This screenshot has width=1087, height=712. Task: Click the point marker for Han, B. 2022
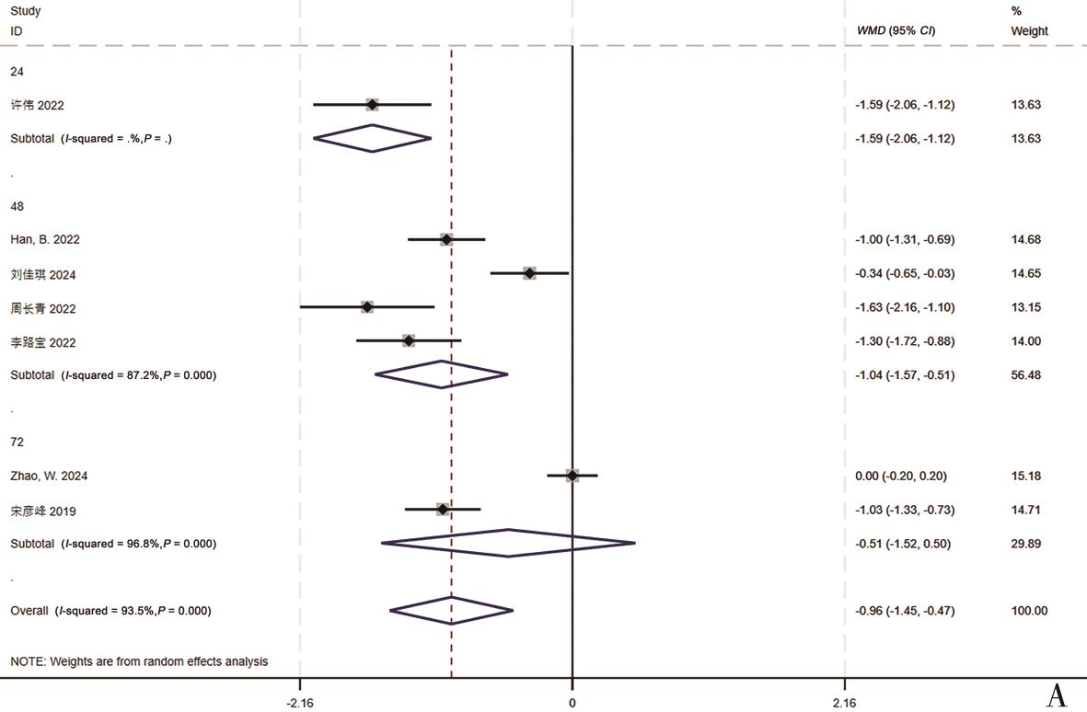tap(446, 239)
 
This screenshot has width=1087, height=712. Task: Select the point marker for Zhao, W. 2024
tap(572, 476)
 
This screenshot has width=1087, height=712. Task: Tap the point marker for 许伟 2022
tap(372, 105)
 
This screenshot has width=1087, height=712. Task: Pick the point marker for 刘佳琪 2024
tap(529, 273)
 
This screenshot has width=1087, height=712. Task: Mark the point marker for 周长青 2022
tap(367, 307)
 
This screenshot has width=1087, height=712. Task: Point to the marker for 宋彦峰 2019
tap(443, 510)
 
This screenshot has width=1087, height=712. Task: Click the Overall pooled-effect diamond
tap(451, 611)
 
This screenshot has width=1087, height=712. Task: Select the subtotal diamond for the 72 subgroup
tap(508, 544)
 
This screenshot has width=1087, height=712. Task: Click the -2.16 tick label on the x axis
tap(300, 703)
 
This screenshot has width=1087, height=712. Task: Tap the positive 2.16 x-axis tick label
tap(844, 703)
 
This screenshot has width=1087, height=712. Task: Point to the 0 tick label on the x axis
tap(572, 703)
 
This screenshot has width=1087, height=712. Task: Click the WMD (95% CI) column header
tap(896, 31)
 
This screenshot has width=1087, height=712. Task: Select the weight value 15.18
tap(1025, 476)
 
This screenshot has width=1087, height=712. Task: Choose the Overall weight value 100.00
tap(1029, 611)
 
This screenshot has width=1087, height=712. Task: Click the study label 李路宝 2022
tap(43, 342)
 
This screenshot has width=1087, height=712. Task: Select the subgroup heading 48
tap(17, 206)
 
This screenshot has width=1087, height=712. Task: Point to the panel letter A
tap(1057, 696)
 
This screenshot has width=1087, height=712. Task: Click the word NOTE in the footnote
tap(27, 661)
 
